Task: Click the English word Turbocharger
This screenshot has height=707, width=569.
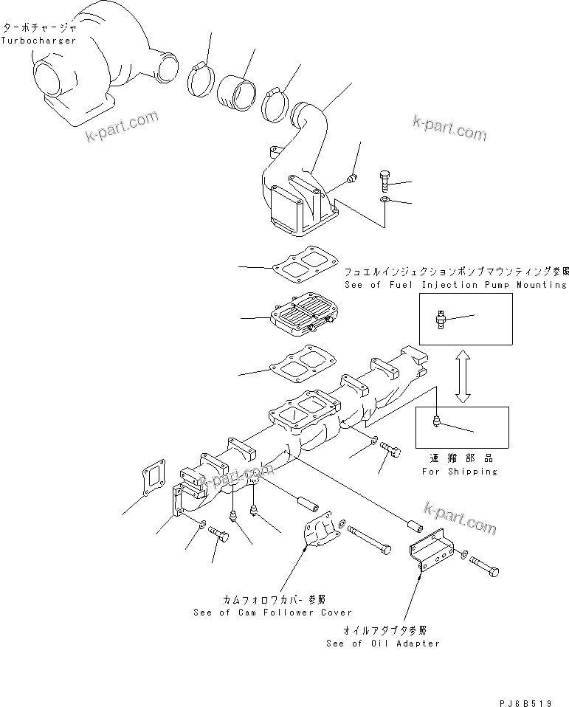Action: (x=38, y=40)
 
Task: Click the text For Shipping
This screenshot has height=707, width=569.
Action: (x=459, y=471)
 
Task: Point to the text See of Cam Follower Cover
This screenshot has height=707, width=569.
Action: (x=272, y=612)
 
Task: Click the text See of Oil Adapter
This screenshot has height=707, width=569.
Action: (x=383, y=643)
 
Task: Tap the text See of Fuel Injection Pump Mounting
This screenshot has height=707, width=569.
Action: (x=456, y=284)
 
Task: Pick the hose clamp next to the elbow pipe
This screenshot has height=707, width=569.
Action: (x=277, y=104)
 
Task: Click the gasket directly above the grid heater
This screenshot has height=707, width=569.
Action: (x=303, y=269)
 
